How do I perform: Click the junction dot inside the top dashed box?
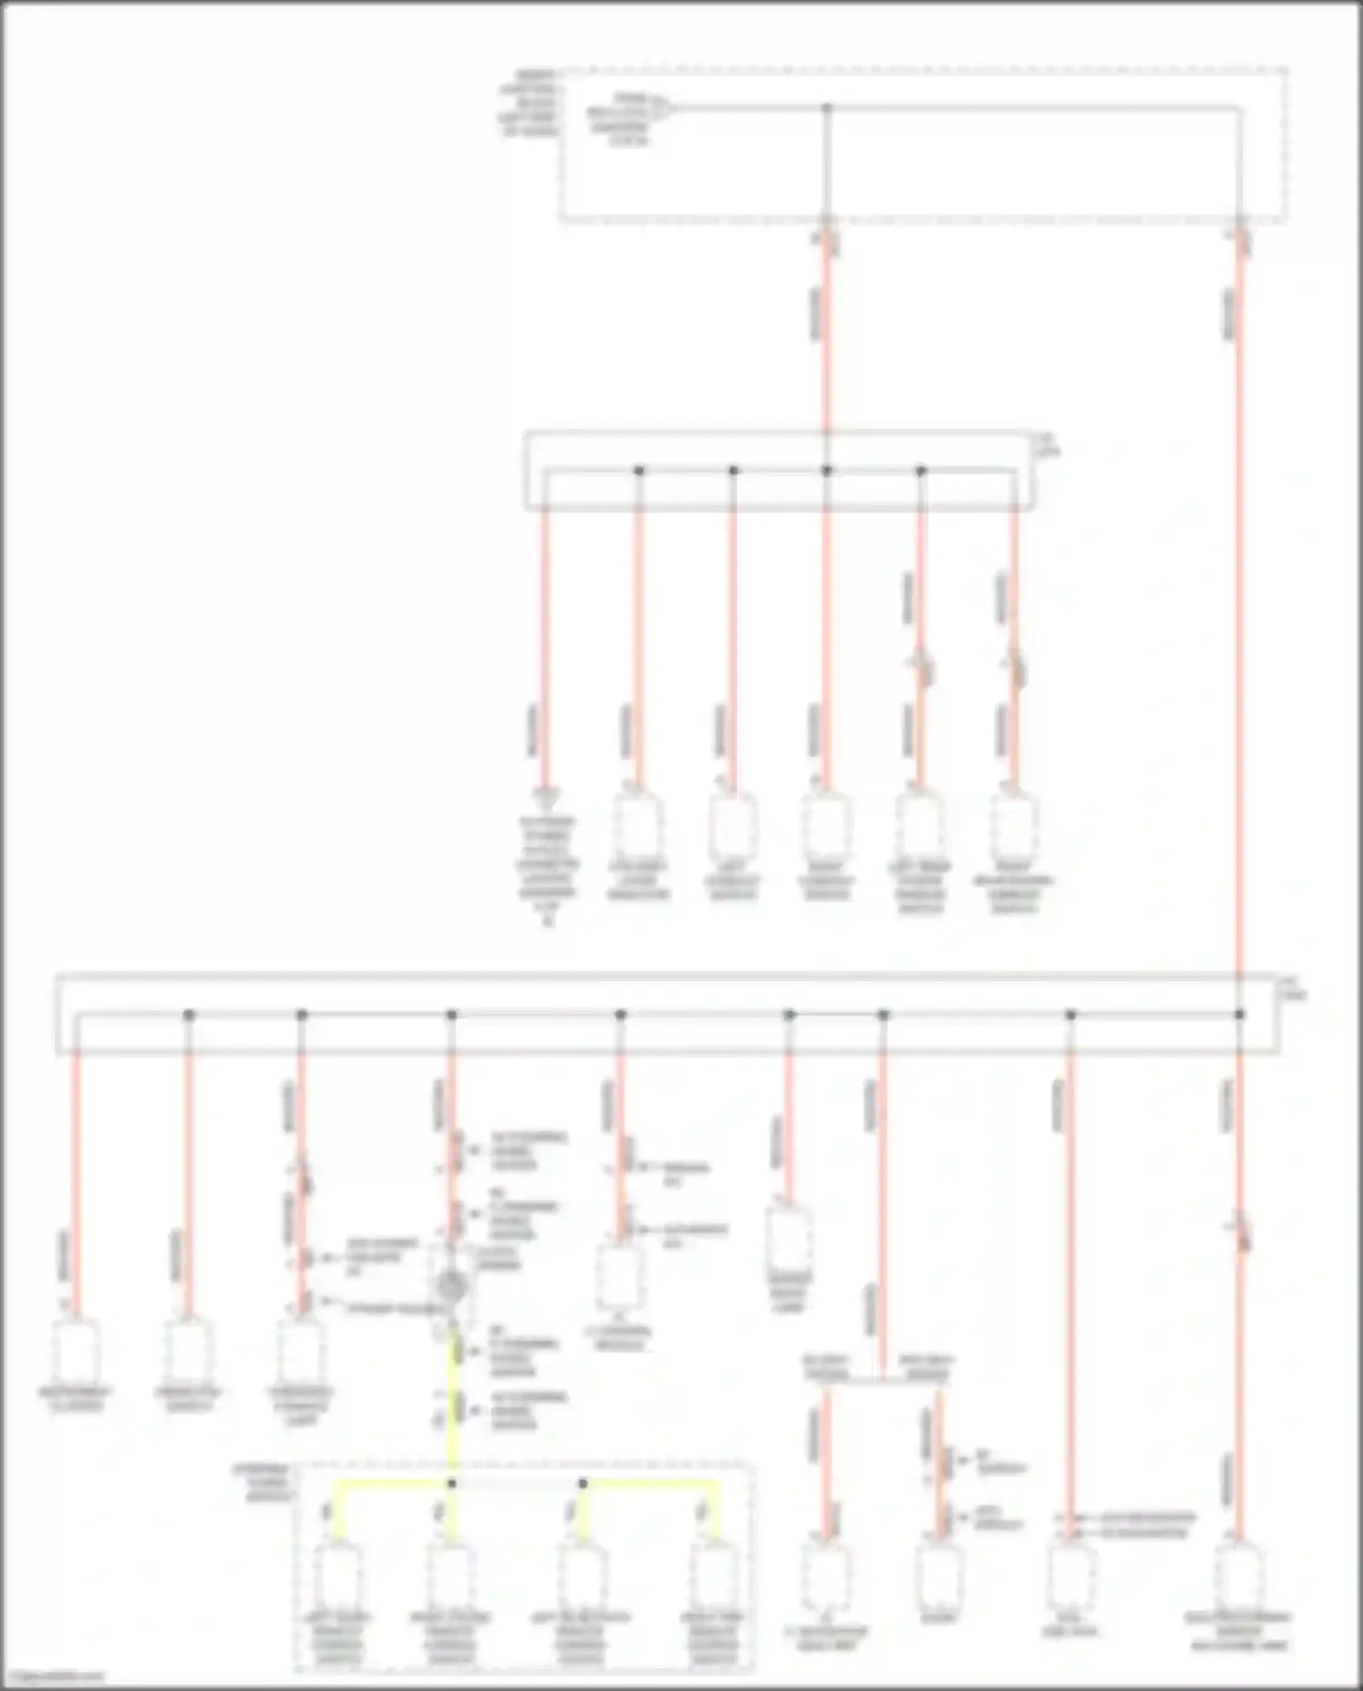[x=827, y=108]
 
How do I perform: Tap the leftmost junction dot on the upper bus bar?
[x=639, y=471]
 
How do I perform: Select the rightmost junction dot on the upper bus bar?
[x=920, y=471]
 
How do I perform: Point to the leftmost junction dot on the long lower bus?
[x=189, y=1014]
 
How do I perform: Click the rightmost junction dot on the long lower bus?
[x=1239, y=1014]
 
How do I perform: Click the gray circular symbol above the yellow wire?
[x=452, y=1286]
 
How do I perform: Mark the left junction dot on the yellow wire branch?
[x=452, y=1483]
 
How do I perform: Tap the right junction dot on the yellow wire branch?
[x=583, y=1483]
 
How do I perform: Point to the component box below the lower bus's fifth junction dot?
[x=789, y=1236]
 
